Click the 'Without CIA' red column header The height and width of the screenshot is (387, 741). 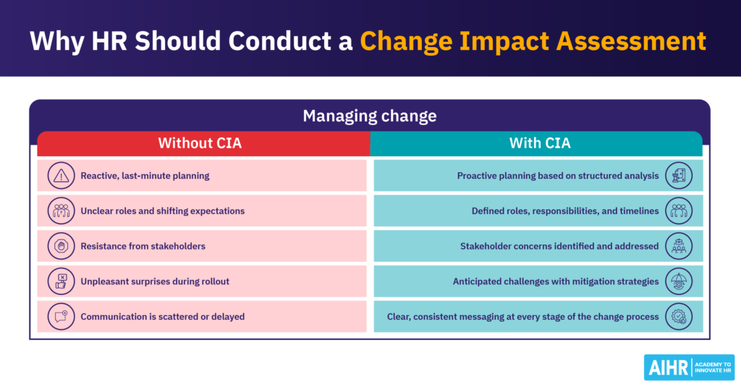[200, 143]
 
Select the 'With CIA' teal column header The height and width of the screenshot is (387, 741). [539, 143]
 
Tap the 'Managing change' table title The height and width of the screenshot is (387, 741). [369, 116]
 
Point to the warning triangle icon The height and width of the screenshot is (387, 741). [61, 176]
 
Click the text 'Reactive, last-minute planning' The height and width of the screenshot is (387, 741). [145, 176]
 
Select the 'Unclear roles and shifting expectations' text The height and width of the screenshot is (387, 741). [162, 211]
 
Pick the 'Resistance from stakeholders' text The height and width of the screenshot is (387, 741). [143, 246]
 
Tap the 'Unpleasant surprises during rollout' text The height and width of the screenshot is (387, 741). [155, 281]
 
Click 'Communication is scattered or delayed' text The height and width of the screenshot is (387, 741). [162, 316]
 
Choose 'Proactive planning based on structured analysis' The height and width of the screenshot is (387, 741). [558, 176]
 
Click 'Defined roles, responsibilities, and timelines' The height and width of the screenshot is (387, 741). [565, 211]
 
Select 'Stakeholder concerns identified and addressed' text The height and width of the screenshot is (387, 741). [559, 246]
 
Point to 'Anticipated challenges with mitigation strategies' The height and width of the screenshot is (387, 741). [556, 281]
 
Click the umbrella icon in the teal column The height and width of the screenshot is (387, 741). [679, 281]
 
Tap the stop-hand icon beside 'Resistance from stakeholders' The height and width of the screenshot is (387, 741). [61, 246]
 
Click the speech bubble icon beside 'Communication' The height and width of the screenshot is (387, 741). [61, 316]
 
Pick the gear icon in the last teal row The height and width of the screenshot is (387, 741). [679, 316]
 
